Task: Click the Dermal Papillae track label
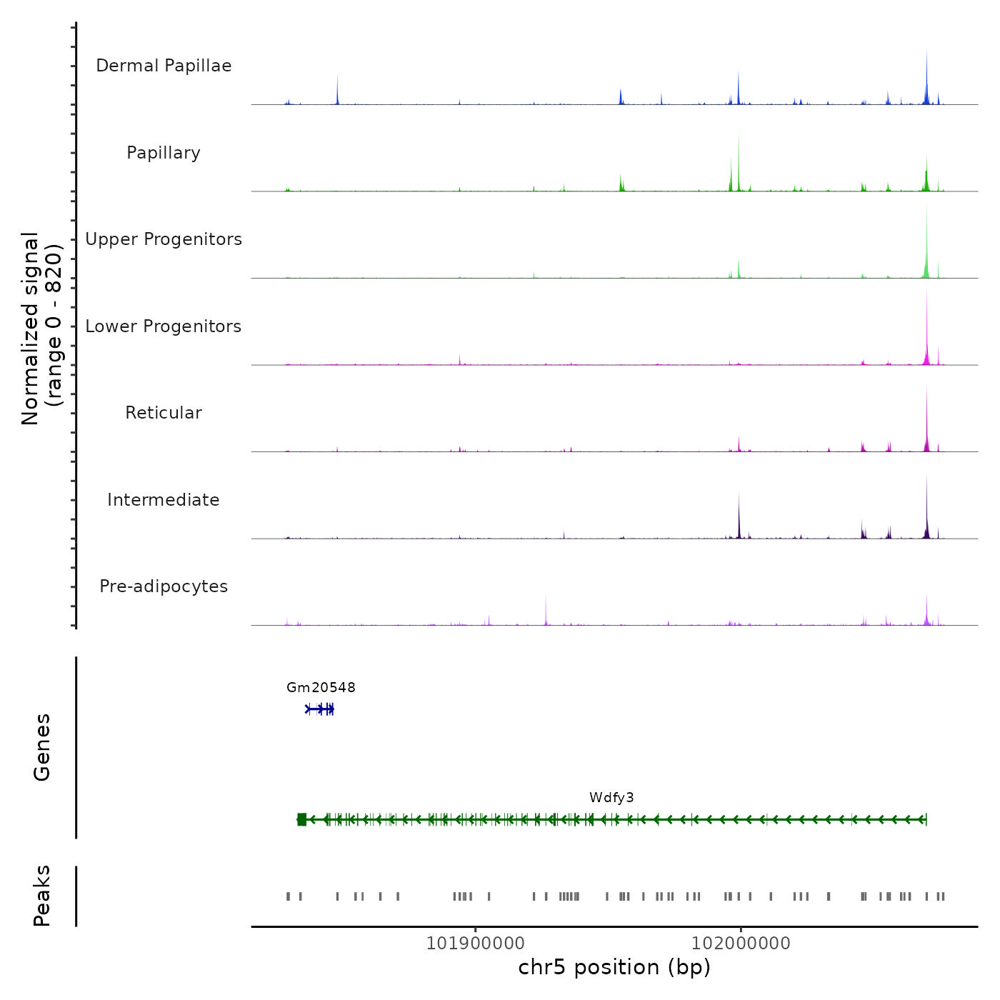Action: click(164, 66)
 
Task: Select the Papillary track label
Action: click(164, 153)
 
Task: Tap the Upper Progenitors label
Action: click(164, 239)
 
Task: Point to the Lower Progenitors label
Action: click(164, 326)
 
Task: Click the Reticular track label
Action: click(164, 413)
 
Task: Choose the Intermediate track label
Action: click(164, 500)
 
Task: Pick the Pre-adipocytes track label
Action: click(164, 586)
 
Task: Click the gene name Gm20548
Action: click(321, 687)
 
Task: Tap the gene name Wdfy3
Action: click(611, 798)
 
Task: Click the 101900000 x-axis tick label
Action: click(475, 944)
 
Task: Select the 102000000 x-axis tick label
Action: click(741, 944)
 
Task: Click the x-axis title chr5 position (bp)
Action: click(614, 968)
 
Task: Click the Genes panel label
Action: click(42, 747)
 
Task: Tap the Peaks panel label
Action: click(42, 896)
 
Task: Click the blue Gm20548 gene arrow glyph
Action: click(320, 709)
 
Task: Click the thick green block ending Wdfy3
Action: click(301, 819)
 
